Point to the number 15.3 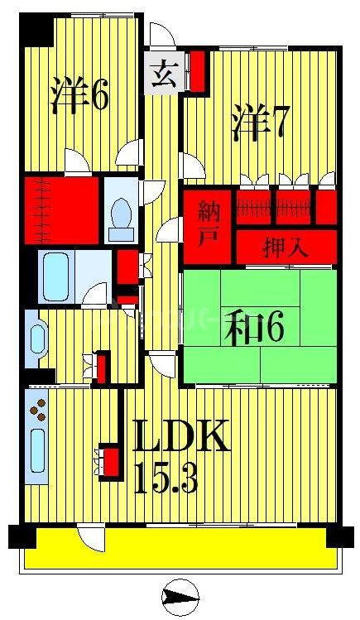tap(166, 478)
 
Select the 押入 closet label tap(286, 246)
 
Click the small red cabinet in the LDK tap(108, 460)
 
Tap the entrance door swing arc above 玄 tap(162, 36)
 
